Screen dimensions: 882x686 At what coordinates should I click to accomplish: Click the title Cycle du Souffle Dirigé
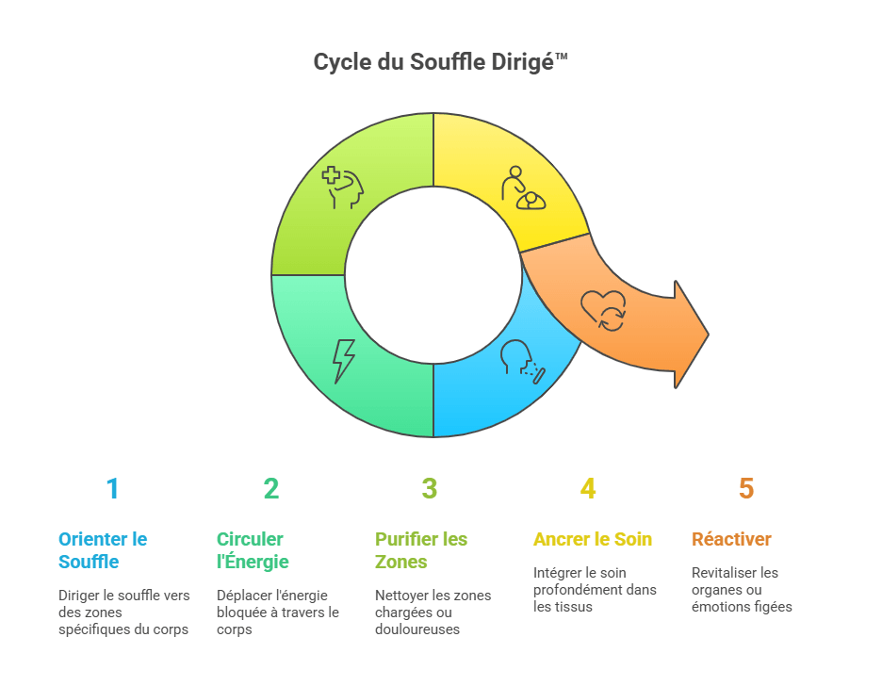click(x=440, y=62)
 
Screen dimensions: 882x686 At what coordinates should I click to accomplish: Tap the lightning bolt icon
click(x=344, y=361)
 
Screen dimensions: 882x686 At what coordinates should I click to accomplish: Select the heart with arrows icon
click(x=604, y=310)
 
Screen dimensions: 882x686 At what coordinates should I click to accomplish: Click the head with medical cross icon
click(x=343, y=188)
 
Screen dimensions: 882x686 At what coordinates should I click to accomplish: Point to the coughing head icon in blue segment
click(x=523, y=362)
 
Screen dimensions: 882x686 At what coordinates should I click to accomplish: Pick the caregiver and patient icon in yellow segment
click(x=524, y=188)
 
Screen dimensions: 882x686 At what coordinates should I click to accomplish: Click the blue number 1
click(x=112, y=488)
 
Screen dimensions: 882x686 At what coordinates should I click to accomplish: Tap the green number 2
click(x=271, y=488)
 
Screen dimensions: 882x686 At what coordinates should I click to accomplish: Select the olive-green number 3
click(x=430, y=488)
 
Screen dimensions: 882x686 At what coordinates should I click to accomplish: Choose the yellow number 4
click(x=588, y=488)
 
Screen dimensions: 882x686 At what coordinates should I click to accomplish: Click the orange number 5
click(x=746, y=488)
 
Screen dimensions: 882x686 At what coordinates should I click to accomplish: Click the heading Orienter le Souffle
click(x=103, y=550)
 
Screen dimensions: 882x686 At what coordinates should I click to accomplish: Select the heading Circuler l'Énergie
click(x=253, y=550)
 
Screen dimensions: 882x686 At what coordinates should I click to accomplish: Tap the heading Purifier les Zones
click(x=421, y=550)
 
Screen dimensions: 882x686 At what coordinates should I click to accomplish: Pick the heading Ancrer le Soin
click(x=593, y=539)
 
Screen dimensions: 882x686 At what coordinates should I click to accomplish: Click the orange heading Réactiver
click(x=731, y=539)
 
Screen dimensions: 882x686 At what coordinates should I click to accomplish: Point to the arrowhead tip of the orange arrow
click(x=709, y=335)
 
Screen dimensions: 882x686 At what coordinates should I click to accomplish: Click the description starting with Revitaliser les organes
click(x=742, y=590)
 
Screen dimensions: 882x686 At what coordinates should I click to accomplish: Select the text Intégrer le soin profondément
click(x=595, y=581)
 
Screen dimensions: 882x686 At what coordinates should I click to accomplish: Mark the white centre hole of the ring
click(x=433, y=275)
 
